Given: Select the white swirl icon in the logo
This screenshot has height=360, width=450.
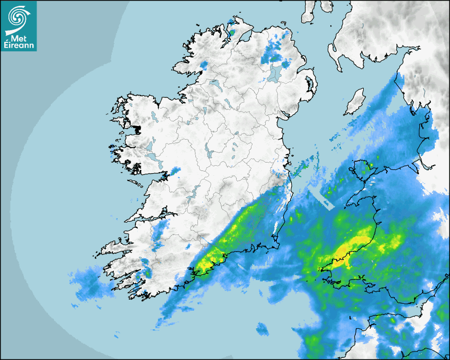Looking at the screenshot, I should pos(18,17).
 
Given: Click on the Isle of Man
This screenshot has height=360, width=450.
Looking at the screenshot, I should pos(355,102).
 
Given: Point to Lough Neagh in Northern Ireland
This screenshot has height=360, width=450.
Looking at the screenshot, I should pos(275,73).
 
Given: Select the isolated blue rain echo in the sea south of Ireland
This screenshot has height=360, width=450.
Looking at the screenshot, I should pos(262,329).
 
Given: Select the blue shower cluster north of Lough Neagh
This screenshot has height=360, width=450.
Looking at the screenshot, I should pos(273,50).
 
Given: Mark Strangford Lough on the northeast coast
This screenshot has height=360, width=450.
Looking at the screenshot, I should pos(310,83).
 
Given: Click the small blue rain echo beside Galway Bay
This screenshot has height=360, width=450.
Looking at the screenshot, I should pos(174,171).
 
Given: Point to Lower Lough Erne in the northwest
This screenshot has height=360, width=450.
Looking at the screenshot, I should pos(214,84).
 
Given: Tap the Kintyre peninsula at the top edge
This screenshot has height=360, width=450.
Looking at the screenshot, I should pos(309,11).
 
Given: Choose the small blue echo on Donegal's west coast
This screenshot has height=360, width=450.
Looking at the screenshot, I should pos(203,65).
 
